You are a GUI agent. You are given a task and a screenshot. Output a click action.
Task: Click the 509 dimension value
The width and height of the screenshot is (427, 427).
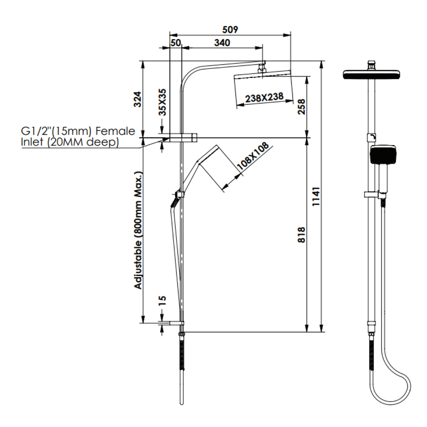point(230,29)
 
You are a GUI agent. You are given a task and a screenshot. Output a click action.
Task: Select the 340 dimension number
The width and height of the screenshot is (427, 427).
point(222,43)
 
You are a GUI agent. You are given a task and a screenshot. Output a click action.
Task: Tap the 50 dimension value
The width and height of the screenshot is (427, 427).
point(176,43)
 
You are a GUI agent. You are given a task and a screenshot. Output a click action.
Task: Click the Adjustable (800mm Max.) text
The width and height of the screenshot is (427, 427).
point(138,231)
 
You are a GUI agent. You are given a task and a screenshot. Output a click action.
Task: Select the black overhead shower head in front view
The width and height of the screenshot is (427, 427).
point(372,75)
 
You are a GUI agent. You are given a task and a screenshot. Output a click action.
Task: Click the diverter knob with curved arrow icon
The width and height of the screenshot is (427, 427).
point(371,138)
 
